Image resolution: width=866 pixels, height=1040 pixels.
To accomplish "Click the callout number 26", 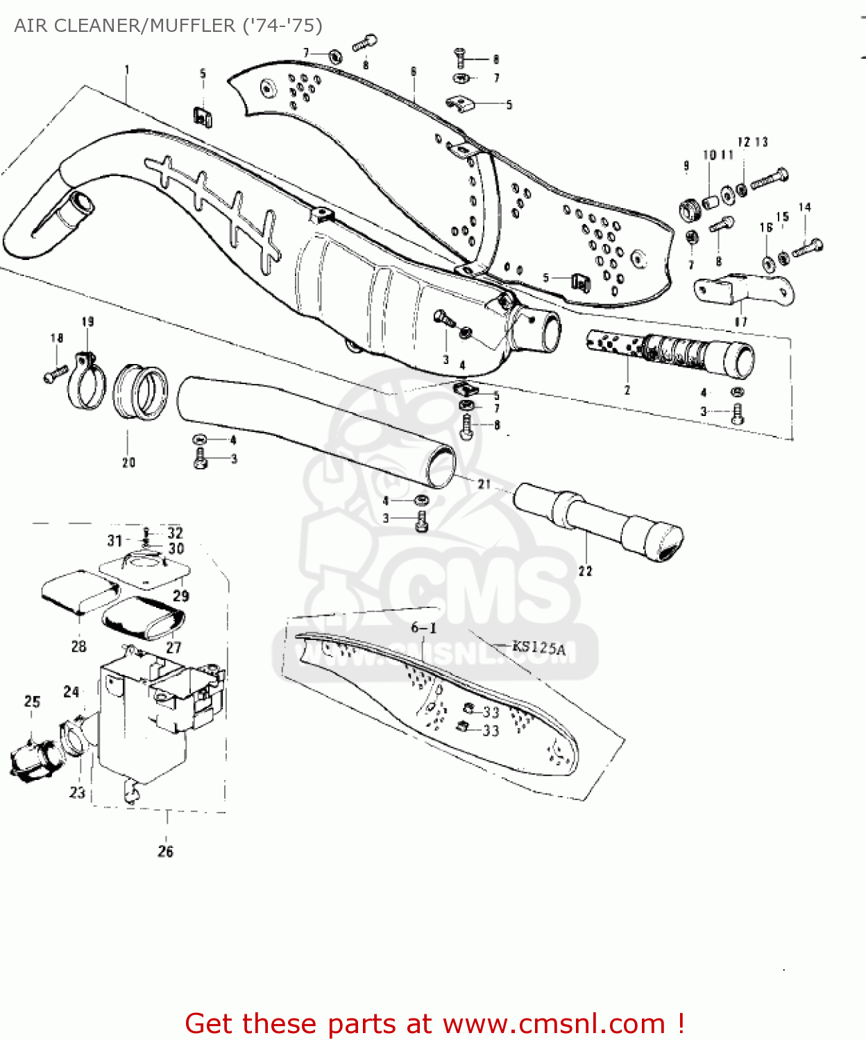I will (165, 851).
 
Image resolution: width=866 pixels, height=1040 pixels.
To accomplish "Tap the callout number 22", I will (586, 571).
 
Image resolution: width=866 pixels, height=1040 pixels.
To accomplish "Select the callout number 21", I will (484, 485).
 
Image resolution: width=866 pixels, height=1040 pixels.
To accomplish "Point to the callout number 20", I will (129, 462).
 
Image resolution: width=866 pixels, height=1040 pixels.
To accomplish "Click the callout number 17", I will (741, 322).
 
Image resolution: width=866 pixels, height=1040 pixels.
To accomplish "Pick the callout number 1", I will (127, 69).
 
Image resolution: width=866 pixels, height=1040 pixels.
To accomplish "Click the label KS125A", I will (538, 648).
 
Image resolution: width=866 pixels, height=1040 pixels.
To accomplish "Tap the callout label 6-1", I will (423, 628).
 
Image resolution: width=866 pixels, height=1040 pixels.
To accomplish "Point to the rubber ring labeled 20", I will (141, 392).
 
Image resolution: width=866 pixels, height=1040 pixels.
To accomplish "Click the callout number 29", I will (180, 596).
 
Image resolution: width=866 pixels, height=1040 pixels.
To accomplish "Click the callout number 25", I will (33, 702).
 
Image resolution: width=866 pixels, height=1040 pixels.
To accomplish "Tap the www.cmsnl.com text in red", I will (553, 1024).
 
